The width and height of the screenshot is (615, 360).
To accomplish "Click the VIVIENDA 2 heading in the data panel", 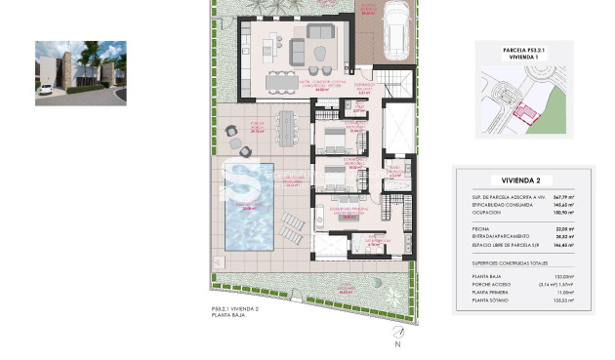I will click(x=526, y=180).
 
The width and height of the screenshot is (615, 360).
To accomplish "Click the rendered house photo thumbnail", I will click(x=81, y=72).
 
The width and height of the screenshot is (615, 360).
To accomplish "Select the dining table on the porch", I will click(x=287, y=125).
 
